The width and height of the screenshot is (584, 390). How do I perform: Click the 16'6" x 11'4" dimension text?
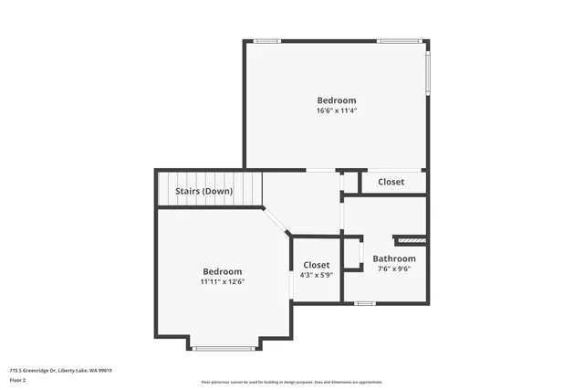[336, 111]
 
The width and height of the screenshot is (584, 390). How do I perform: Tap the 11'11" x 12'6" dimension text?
[222, 281]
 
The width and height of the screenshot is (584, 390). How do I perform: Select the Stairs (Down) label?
[203, 191]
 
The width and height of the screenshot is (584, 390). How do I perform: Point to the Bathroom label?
[393, 258]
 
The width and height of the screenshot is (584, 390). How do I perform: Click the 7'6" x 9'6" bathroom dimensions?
[393, 269]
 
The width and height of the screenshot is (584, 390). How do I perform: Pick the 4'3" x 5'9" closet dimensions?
[316, 275]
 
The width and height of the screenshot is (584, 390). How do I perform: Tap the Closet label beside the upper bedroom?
[391, 182]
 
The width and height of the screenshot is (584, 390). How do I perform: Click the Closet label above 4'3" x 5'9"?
[316, 265]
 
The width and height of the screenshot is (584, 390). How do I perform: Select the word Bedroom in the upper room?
[336, 100]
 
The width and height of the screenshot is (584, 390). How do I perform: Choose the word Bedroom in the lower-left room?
[222, 271]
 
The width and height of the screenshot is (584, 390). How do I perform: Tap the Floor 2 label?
[17, 379]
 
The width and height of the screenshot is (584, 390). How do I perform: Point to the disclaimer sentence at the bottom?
[291, 383]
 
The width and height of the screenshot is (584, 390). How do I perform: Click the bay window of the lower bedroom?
[224, 348]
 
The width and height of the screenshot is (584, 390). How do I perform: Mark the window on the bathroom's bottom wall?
[365, 302]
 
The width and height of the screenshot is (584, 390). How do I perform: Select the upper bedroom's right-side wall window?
[427, 73]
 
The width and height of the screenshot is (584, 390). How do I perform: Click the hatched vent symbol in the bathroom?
[410, 240]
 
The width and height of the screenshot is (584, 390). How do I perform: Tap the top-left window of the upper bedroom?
[266, 41]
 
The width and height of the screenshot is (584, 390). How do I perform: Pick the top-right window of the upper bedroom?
[397, 41]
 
